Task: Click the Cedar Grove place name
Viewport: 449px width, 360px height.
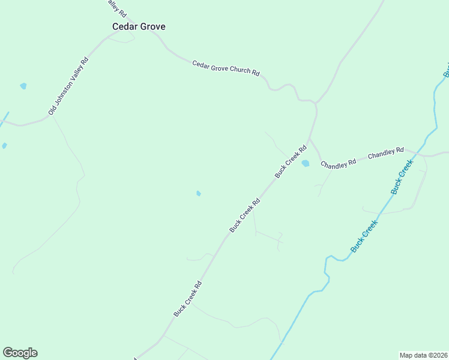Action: (139, 27)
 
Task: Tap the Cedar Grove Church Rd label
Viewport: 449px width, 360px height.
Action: (226, 68)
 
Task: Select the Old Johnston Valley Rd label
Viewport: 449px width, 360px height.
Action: (68, 86)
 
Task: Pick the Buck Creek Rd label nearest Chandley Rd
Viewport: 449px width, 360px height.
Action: (291, 161)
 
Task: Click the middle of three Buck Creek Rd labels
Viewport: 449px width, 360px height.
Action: (245, 215)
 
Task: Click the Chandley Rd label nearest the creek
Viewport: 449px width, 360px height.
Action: (385, 154)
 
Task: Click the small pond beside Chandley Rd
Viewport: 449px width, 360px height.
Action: (306, 163)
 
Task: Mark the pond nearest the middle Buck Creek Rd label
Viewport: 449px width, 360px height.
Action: (198, 193)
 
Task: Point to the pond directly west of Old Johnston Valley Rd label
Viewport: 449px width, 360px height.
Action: (23, 86)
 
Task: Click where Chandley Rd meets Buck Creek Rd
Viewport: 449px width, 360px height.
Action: (310, 140)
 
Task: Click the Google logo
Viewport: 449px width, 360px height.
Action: (20, 353)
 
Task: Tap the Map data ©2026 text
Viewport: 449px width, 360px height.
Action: (423, 355)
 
